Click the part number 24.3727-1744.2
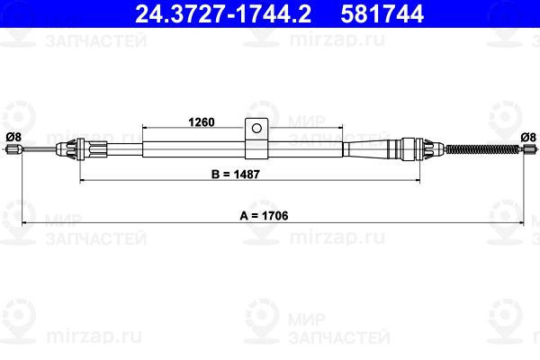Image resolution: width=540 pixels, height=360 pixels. (x=223, y=13)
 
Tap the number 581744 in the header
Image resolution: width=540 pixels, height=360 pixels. (x=382, y=13)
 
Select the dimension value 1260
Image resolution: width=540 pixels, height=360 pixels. (x=202, y=122)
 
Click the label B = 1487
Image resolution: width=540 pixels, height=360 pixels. (x=236, y=175)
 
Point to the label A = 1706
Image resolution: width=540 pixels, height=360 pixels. (x=264, y=216)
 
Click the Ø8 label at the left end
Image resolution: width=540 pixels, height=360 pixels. (x=13, y=137)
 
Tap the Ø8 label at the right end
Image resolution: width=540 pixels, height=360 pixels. (x=528, y=137)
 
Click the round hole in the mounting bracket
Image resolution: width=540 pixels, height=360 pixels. (x=256, y=129)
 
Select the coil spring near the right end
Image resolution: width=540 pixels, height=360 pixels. (x=482, y=149)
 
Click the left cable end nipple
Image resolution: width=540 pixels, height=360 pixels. (x=14, y=149)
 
